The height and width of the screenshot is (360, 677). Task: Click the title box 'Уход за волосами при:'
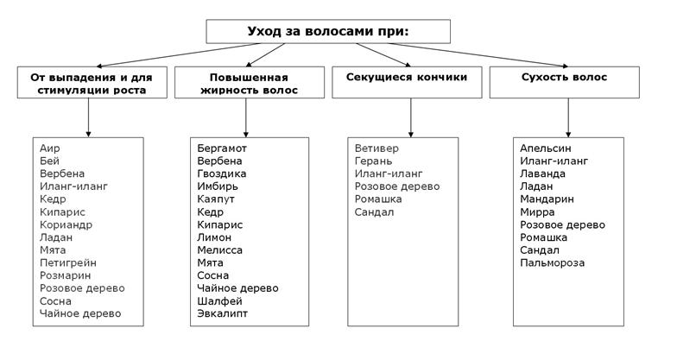[x=327, y=31]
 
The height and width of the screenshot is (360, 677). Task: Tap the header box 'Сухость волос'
[x=565, y=78]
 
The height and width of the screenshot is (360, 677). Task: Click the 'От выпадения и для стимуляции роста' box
[x=92, y=83]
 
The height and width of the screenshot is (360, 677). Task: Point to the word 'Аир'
[x=50, y=148]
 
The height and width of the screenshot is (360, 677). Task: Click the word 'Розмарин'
[x=64, y=275]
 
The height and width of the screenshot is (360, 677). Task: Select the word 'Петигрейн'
[x=68, y=262]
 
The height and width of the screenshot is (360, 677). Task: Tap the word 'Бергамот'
[x=222, y=148]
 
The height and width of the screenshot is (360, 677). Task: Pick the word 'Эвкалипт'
[x=222, y=313]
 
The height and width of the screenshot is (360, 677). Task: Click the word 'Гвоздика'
[x=221, y=174]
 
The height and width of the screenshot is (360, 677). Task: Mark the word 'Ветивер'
[x=377, y=148]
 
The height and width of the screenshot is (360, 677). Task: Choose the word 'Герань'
[x=373, y=161]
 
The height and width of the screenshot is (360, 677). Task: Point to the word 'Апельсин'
[x=546, y=148]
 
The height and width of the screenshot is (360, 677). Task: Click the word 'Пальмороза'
[x=553, y=262]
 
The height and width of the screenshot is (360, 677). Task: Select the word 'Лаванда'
[x=543, y=174]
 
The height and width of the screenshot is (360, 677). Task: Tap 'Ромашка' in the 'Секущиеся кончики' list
[x=378, y=199]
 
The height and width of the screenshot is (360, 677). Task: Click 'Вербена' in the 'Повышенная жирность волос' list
[x=219, y=161]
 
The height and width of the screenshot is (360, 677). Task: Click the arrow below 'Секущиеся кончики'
[x=410, y=116]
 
